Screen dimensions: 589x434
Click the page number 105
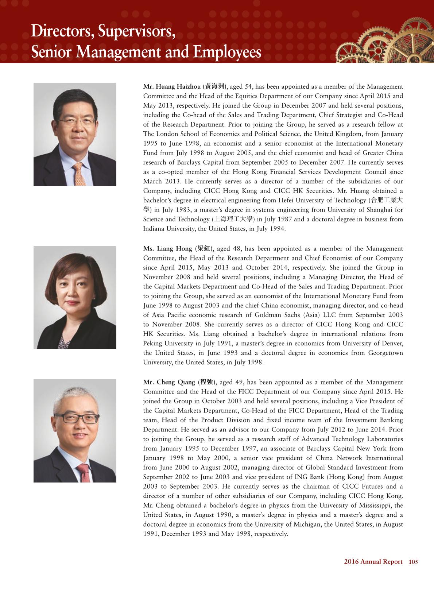413,562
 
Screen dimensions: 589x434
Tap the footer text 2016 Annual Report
373,562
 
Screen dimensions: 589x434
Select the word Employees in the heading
227,52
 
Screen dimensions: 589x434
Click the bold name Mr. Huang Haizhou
172,86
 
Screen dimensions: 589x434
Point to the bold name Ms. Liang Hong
167,248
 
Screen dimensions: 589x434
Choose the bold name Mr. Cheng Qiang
169,382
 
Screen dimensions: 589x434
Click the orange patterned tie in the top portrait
80,174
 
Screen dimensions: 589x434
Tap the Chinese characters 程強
207,382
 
